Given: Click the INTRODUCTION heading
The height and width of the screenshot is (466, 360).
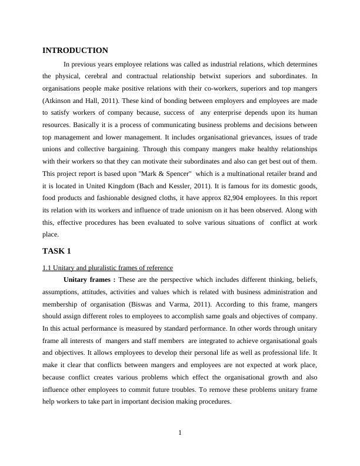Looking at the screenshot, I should (75, 51).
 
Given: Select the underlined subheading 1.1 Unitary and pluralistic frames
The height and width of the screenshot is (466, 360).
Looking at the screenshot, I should (107, 268).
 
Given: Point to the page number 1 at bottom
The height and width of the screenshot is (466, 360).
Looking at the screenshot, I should (180, 434).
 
